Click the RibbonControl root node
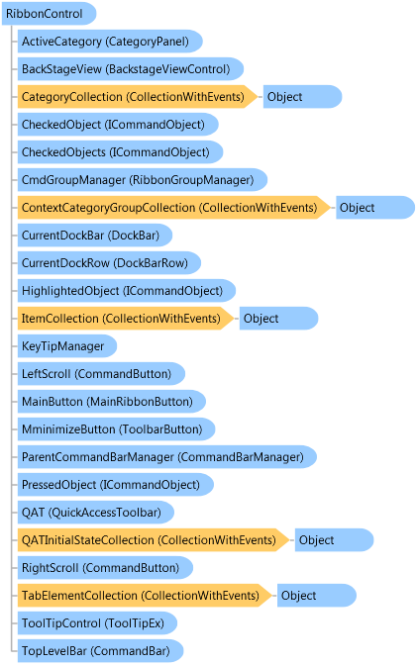click(49, 14)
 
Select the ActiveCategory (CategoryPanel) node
click(110, 42)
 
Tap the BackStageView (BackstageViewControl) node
click(131, 68)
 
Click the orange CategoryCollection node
click(137, 97)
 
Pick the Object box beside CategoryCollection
click(302, 97)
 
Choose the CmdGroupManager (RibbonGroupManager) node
click(143, 180)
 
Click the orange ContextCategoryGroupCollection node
click(173, 208)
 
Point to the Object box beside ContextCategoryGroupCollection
click(375, 208)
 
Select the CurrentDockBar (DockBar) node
click(95, 235)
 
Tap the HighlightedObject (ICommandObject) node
click(127, 291)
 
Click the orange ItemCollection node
click(126, 318)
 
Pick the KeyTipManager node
click(67, 346)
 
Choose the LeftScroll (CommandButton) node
click(101, 374)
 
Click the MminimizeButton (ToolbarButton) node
click(116, 428)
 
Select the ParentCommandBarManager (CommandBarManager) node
click(166, 457)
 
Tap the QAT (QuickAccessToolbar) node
click(95, 512)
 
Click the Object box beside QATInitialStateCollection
click(334, 540)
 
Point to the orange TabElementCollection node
click(145, 595)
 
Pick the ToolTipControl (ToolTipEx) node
click(97, 623)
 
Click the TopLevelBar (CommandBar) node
click(100, 650)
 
